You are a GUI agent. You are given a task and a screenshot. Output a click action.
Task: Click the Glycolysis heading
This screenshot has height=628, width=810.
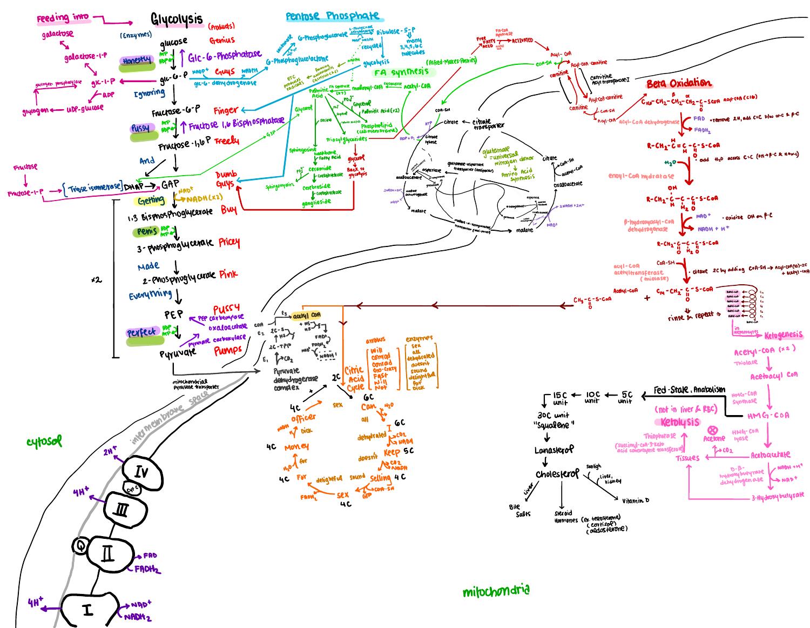tap(177, 20)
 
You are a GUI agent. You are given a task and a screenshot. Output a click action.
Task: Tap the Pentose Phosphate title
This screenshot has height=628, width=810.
tap(332, 16)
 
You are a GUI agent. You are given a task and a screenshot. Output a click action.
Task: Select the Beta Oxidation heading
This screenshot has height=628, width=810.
tap(678, 83)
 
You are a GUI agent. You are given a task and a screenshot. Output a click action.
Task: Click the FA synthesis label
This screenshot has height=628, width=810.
tap(402, 71)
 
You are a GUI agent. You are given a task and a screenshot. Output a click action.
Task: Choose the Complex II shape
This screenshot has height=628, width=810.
tap(107, 553)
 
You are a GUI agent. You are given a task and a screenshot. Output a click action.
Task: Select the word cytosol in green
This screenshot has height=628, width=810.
tap(44, 442)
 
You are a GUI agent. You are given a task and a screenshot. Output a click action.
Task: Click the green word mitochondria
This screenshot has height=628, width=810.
tap(496, 591)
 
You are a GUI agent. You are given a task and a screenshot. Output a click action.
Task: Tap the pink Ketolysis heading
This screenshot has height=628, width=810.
tap(680, 422)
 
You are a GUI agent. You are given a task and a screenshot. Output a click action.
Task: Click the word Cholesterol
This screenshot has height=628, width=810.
tap(557, 474)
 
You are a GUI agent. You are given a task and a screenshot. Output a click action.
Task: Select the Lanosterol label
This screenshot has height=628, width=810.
tap(554, 450)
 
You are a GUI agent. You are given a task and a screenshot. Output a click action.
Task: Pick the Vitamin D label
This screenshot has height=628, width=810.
tap(635, 501)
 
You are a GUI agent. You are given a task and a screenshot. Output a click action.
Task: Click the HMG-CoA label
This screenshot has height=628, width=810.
tap(768, 415)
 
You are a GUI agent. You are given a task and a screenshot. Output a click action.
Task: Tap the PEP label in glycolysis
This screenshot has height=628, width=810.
tap(174, 314)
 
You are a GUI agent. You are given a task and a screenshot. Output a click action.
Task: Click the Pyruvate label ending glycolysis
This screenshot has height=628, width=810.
tap(178, 353)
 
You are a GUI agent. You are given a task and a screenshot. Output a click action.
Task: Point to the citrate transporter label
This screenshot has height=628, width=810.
tap(489, 124)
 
